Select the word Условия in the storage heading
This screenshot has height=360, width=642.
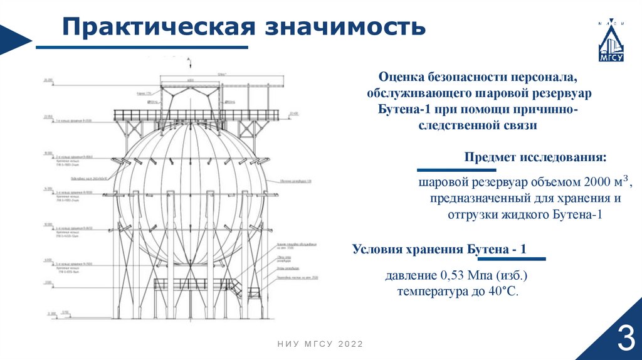[379, 250]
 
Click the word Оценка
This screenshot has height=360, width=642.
[401, 77]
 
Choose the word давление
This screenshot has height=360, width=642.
[411, 276]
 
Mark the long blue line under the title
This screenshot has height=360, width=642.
[142, 47]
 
